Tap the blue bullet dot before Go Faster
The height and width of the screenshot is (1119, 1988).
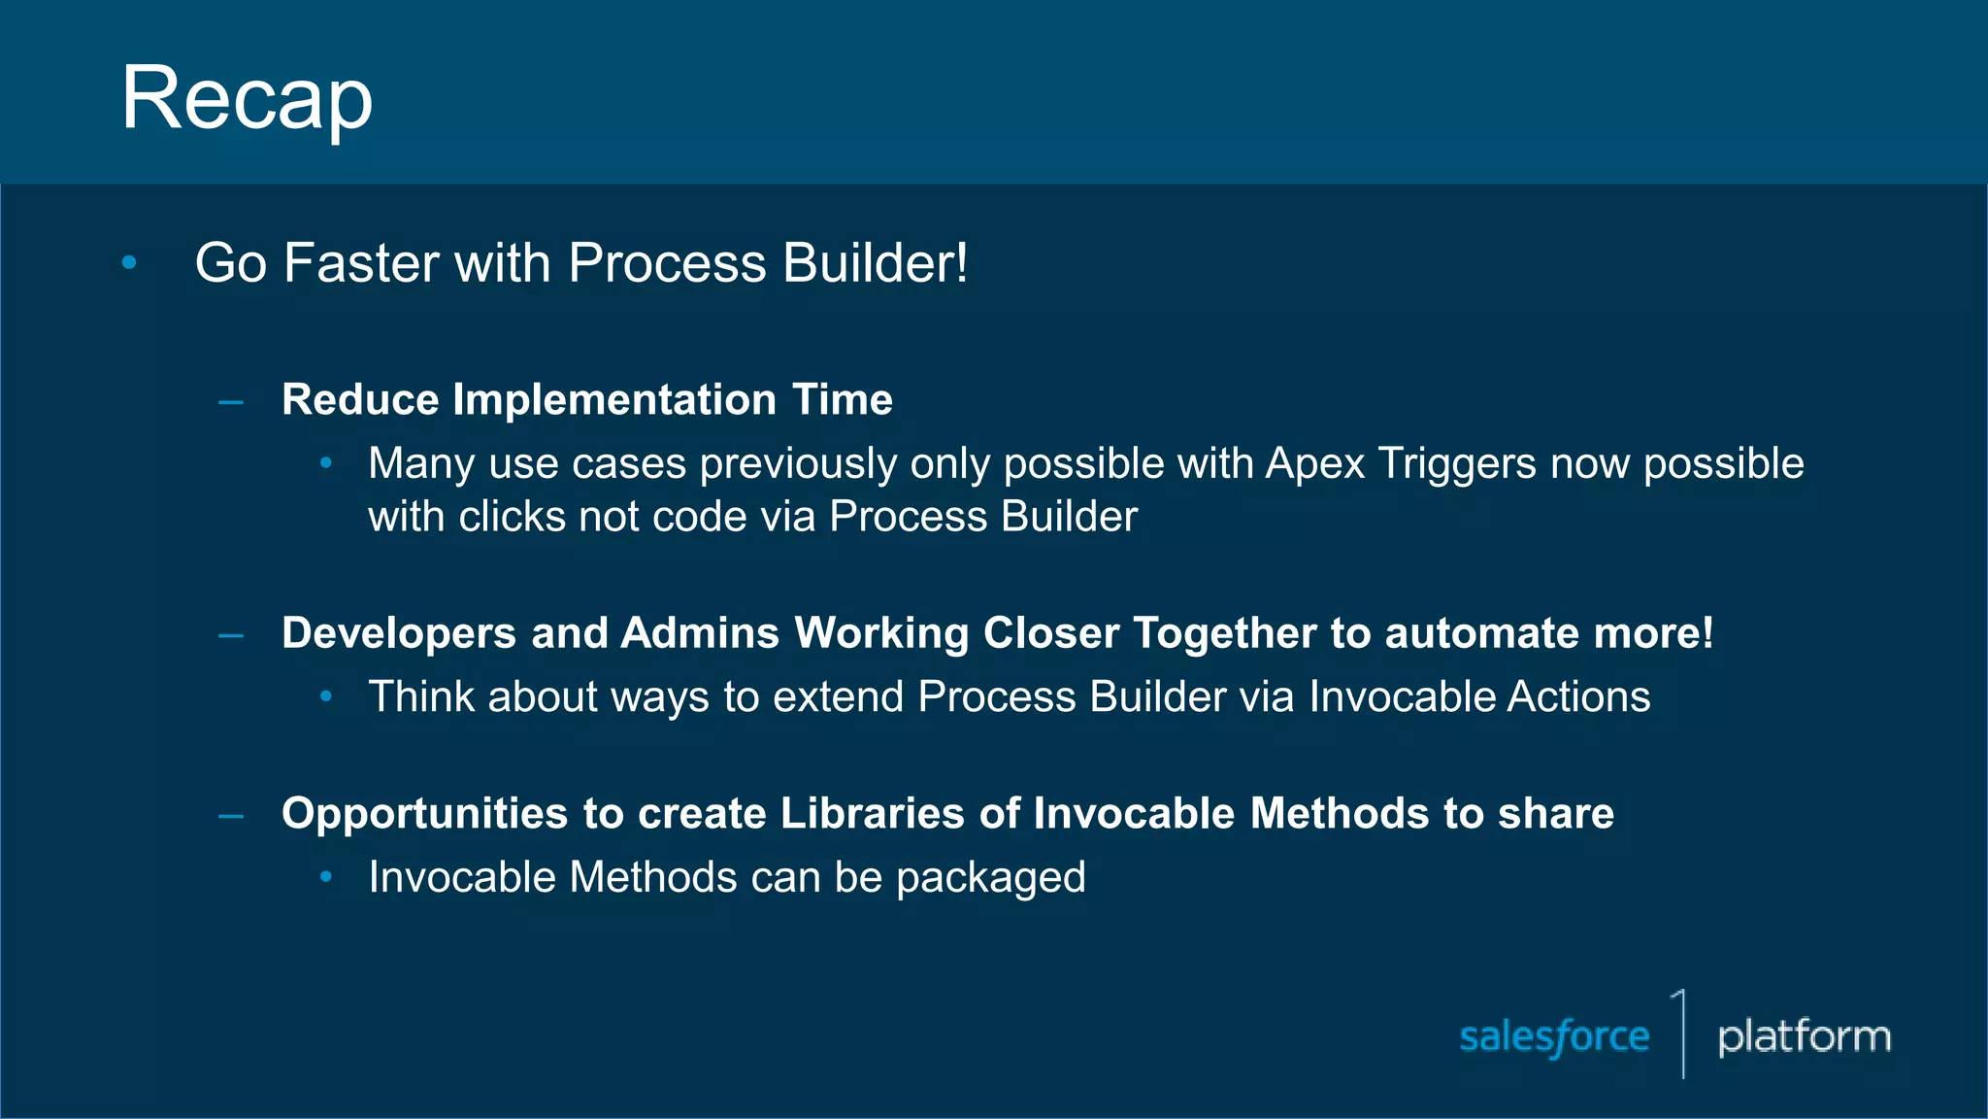click(x=129, y=262)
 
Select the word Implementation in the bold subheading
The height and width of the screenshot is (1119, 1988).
click(x=614, y=399)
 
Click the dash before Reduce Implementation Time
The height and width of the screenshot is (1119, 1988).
click(x=231, y=401)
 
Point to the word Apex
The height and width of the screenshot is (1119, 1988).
click(x=1314, y=464)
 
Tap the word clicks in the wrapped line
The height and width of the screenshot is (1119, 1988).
click(x=513, y=517)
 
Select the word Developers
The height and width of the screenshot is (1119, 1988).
click(x=398, y=633)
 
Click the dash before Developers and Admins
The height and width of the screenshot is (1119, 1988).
click(x=231, y=636)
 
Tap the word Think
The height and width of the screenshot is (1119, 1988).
click(x=420, y=696)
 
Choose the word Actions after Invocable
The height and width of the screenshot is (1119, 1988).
click(x=1578, y=696)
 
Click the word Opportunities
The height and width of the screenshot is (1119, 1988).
click(x=424, y=814)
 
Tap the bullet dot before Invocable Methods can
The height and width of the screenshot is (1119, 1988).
click(x=326, y=877)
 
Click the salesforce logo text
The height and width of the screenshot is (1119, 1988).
click(x=1554, y=1036)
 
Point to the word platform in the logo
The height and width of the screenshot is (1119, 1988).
click(x=1804, y=1036)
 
